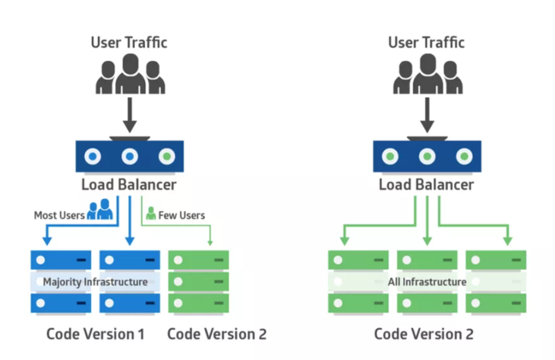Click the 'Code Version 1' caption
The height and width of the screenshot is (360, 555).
coord(95,334)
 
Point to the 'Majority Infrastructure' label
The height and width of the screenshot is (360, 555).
coord(95,282)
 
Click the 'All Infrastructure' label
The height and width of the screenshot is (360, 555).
coord(427,282)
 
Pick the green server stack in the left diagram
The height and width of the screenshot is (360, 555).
coord(198,281)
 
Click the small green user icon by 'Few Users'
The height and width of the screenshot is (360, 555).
coord(151,213)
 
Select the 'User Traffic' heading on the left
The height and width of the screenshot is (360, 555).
coord(129,42)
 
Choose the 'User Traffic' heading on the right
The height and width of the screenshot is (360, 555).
coord(426,42)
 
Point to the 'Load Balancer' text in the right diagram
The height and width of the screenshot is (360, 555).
coord(426,185)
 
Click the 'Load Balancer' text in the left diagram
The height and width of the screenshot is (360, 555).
coord(129,185)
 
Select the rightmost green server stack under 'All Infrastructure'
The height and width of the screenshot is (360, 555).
coord(496,281)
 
